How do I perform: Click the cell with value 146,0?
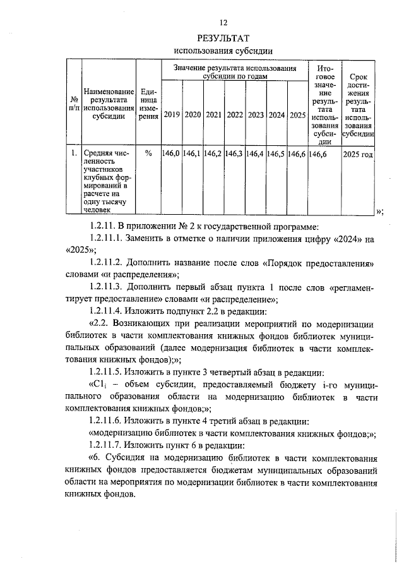(172, 153)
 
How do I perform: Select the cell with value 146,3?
(235, 153)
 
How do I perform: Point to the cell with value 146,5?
(276, 153)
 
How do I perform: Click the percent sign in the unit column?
(148, 153)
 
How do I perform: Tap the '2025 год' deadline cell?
(358, 153)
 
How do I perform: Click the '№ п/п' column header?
(74, 103)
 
